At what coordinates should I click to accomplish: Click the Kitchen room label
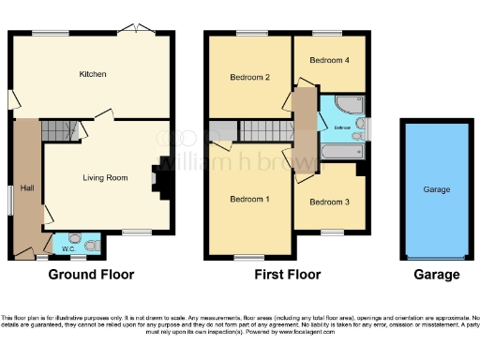click(x=92, y=74)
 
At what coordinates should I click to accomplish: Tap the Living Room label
click(x=105, y=177)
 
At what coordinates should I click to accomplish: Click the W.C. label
click(x=67, y=249)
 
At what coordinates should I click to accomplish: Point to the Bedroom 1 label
click(x=248, y=199)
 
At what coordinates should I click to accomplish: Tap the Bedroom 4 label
click(x=330, y=60)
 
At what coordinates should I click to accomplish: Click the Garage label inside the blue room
click(x=436, y=189)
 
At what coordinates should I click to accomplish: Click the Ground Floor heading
click(x=91, y=276)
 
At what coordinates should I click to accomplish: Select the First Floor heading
click(x=288, y=276)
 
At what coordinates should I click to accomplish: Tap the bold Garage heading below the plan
click(x=436, y=276)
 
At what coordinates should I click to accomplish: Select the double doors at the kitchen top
click(x=140, y=27)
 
